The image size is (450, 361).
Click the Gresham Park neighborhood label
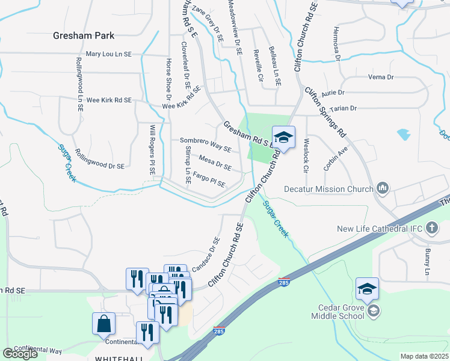pyautogui.click(x=83, y=35)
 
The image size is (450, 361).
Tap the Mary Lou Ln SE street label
pyautogui.click(x=109, y=54)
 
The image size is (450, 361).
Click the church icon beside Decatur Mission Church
pyautogui.click(x=383, y=190)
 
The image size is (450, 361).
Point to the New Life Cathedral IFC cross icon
pyautogui.click(x=431, y=228)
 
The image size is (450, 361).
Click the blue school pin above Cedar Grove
pyautogui.click(x=366, y=289)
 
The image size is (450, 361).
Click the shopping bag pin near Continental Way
pyautogui.click(x=104, y=323)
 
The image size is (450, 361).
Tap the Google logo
pyautogui.click(x=20, y=354)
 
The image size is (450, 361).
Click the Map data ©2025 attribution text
pyautogui.click(x=424, y=356)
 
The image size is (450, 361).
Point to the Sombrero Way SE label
pyautogui.click(x=206, y=144)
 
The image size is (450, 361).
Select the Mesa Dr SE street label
pyautogui.click(x=215, y=164)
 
